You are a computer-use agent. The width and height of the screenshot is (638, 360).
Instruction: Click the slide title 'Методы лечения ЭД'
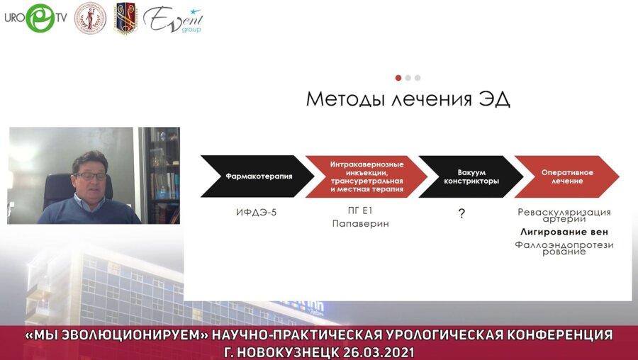tap(408, 99)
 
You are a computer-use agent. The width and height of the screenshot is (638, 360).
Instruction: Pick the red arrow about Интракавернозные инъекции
tap(366, 176)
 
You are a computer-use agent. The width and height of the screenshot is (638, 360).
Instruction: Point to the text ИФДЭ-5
tap(257, 211)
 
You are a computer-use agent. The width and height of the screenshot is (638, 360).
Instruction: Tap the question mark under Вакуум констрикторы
tap(461, 213)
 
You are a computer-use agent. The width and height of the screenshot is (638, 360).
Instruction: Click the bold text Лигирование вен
tap(564, 232)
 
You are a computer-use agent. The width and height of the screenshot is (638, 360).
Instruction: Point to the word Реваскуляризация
tap(564, 211)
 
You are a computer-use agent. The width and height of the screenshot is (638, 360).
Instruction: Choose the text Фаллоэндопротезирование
tap(564, 247)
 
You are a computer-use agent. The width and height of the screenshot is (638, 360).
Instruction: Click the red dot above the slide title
tap(398, 78)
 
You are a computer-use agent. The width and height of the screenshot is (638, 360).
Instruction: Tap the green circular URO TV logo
tap(40, 18)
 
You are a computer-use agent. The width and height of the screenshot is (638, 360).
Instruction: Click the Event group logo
tap(172, 19)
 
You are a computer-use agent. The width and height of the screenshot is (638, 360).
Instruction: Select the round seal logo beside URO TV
tap(90, 18)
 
